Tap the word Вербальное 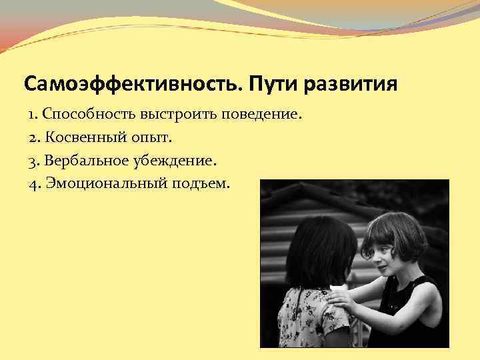(x=86, y=161)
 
